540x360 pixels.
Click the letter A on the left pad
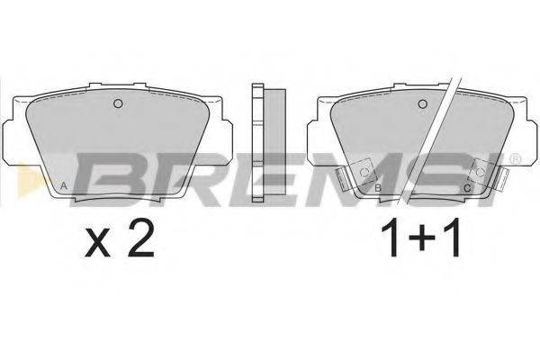tap(62, 186)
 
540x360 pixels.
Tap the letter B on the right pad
tap(377, 187)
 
